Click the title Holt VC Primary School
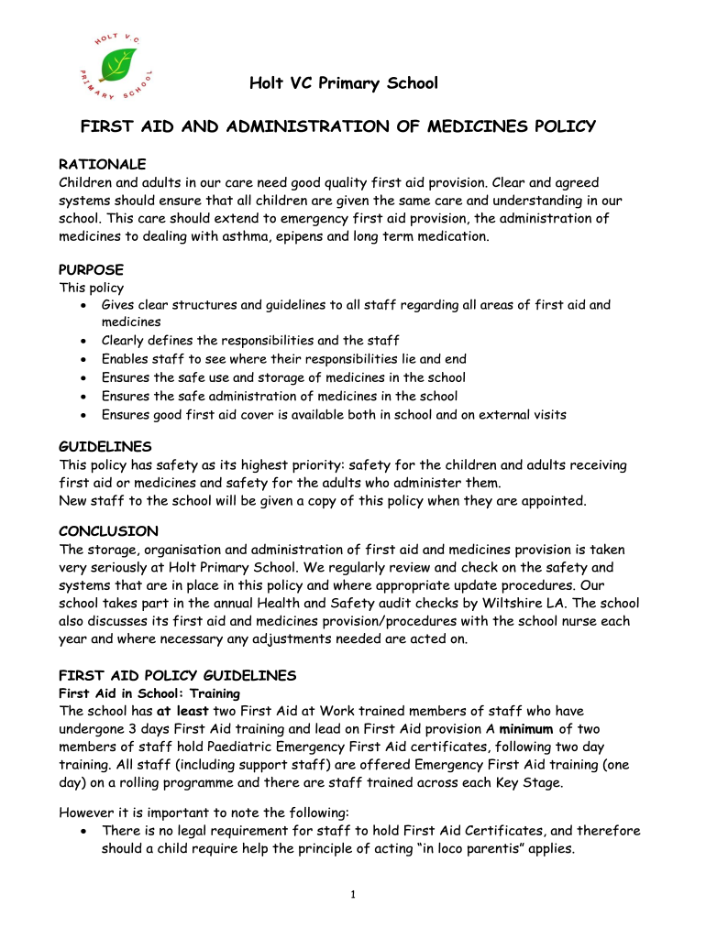[344, 84]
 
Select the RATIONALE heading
[102, 164]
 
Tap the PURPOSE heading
[91, 270]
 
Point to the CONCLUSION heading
[108, 531]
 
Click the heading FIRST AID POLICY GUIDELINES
[177, 675]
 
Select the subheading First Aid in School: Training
[149, 693]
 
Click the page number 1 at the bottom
[353, 895]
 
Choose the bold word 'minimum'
[526, 729]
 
